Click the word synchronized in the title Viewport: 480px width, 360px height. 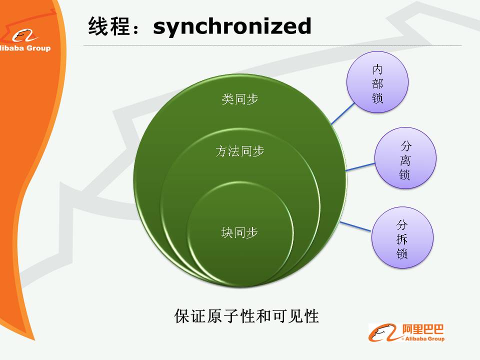tap(232, 26)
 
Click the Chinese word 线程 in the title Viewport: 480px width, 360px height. tap(107, 26)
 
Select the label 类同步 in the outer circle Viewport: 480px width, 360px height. tap(239, 99)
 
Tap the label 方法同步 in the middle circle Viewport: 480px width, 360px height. tap(239, 151)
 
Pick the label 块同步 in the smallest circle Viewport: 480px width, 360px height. tap(239, 232)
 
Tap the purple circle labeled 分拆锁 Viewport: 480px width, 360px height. tap(402, 237)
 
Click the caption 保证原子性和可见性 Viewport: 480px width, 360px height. tap(246, 316)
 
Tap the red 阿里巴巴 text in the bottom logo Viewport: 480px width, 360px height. tap(422, 329)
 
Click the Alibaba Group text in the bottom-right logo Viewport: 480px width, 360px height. tap(424, 339)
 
